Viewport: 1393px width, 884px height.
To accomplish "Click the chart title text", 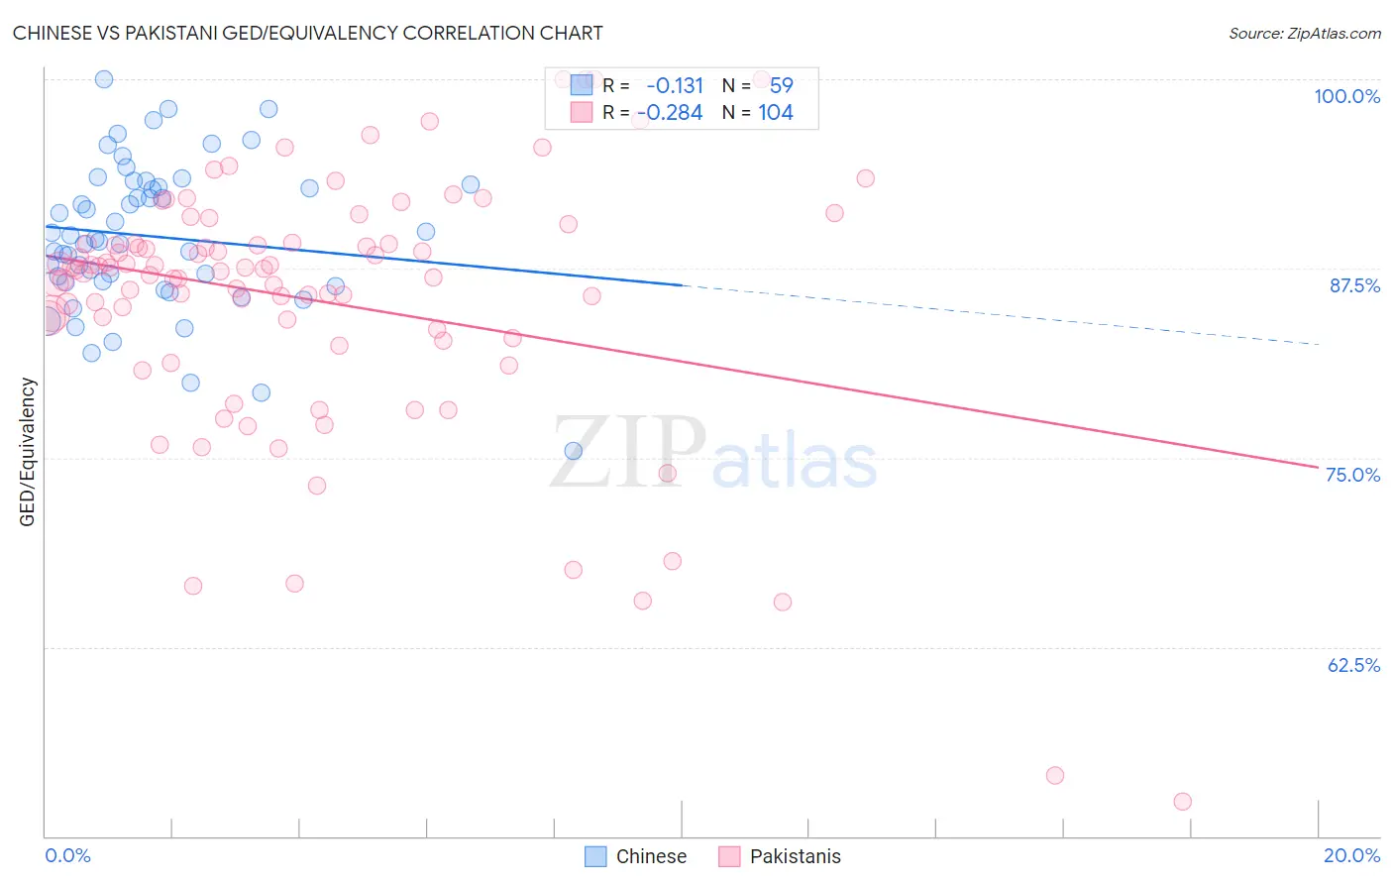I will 307,33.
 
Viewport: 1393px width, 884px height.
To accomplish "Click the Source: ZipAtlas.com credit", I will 1304,33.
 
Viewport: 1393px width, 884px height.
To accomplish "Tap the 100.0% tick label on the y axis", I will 1346,96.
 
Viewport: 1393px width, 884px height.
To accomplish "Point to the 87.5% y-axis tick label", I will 1353,285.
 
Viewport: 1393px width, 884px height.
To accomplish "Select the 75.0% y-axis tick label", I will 1352,475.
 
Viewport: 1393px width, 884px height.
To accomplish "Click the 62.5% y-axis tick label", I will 1353,665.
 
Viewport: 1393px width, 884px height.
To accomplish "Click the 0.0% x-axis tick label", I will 67,855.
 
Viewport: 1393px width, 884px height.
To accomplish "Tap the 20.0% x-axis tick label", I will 1351,855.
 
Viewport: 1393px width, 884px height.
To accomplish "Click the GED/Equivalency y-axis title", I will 28,452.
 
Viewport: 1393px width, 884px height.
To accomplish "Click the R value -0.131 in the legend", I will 675,86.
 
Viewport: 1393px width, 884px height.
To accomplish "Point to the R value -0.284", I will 671,113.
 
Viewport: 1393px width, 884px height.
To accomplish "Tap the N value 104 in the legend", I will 776,113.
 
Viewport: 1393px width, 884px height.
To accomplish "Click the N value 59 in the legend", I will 781,86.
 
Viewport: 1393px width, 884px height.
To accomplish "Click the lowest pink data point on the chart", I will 1182,802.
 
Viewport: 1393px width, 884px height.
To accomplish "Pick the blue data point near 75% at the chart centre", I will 573,451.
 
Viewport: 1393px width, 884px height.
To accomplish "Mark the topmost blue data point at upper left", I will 104,79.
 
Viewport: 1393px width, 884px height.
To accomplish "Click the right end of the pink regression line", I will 1317,466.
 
